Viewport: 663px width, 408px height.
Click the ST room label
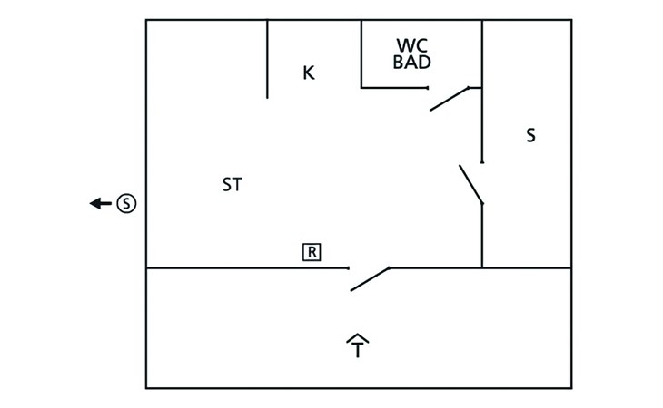(233, 185)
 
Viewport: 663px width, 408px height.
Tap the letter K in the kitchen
(309, 73)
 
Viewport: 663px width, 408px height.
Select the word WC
(411, 45)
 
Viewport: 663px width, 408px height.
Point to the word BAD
(411, 62)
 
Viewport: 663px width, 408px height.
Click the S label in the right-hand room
(530, 135)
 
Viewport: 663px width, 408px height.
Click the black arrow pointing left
(101, 203)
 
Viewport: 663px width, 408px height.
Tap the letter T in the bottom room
(358, 350)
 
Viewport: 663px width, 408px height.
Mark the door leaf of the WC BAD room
(449, 99)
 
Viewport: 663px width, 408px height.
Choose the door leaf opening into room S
(470, 184)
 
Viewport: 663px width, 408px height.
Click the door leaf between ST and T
(370, 279)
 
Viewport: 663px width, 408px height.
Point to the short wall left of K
(267, 59)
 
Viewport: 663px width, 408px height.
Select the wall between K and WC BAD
(361, 54)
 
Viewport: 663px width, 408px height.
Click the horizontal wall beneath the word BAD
(394, 88)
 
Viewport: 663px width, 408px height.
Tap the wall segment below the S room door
(482, 236)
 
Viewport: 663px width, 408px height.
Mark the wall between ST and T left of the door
(247, 268)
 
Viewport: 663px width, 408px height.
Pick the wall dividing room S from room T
(527, 268)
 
